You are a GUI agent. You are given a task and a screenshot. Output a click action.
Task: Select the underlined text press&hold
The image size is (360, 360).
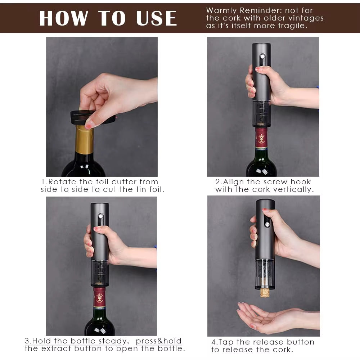tap(159, 341)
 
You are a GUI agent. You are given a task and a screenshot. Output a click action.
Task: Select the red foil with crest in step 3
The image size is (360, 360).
tap(99, 297)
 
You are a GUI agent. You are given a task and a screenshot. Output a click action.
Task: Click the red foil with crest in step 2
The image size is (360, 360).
tap(261, 138)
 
